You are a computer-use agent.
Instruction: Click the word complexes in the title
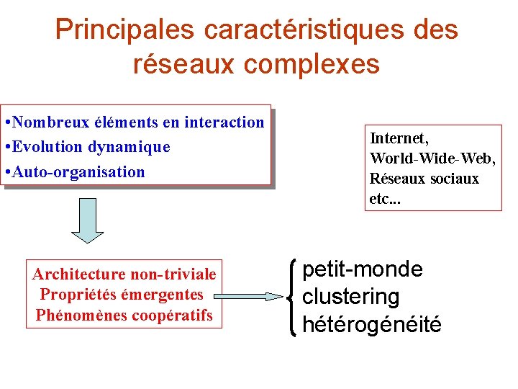coord(312,64)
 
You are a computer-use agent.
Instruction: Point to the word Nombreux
coord(50,122)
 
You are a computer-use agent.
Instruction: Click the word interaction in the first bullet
coord(224,122)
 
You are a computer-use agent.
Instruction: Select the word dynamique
coord(129,147)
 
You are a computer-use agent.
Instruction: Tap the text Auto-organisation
coord(78,172)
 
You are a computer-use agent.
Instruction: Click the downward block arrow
coord(87,225)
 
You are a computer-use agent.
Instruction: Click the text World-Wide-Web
coord(432,158)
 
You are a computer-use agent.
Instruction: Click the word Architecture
coord(79,274)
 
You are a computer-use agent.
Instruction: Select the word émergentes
coord(163,295)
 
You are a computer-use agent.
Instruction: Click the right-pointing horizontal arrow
coord(249,296)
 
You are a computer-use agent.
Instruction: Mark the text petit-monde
coord(363,269)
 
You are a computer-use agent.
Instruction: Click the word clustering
coord(350,296)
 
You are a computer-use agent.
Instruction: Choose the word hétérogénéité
coord(372,324)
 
